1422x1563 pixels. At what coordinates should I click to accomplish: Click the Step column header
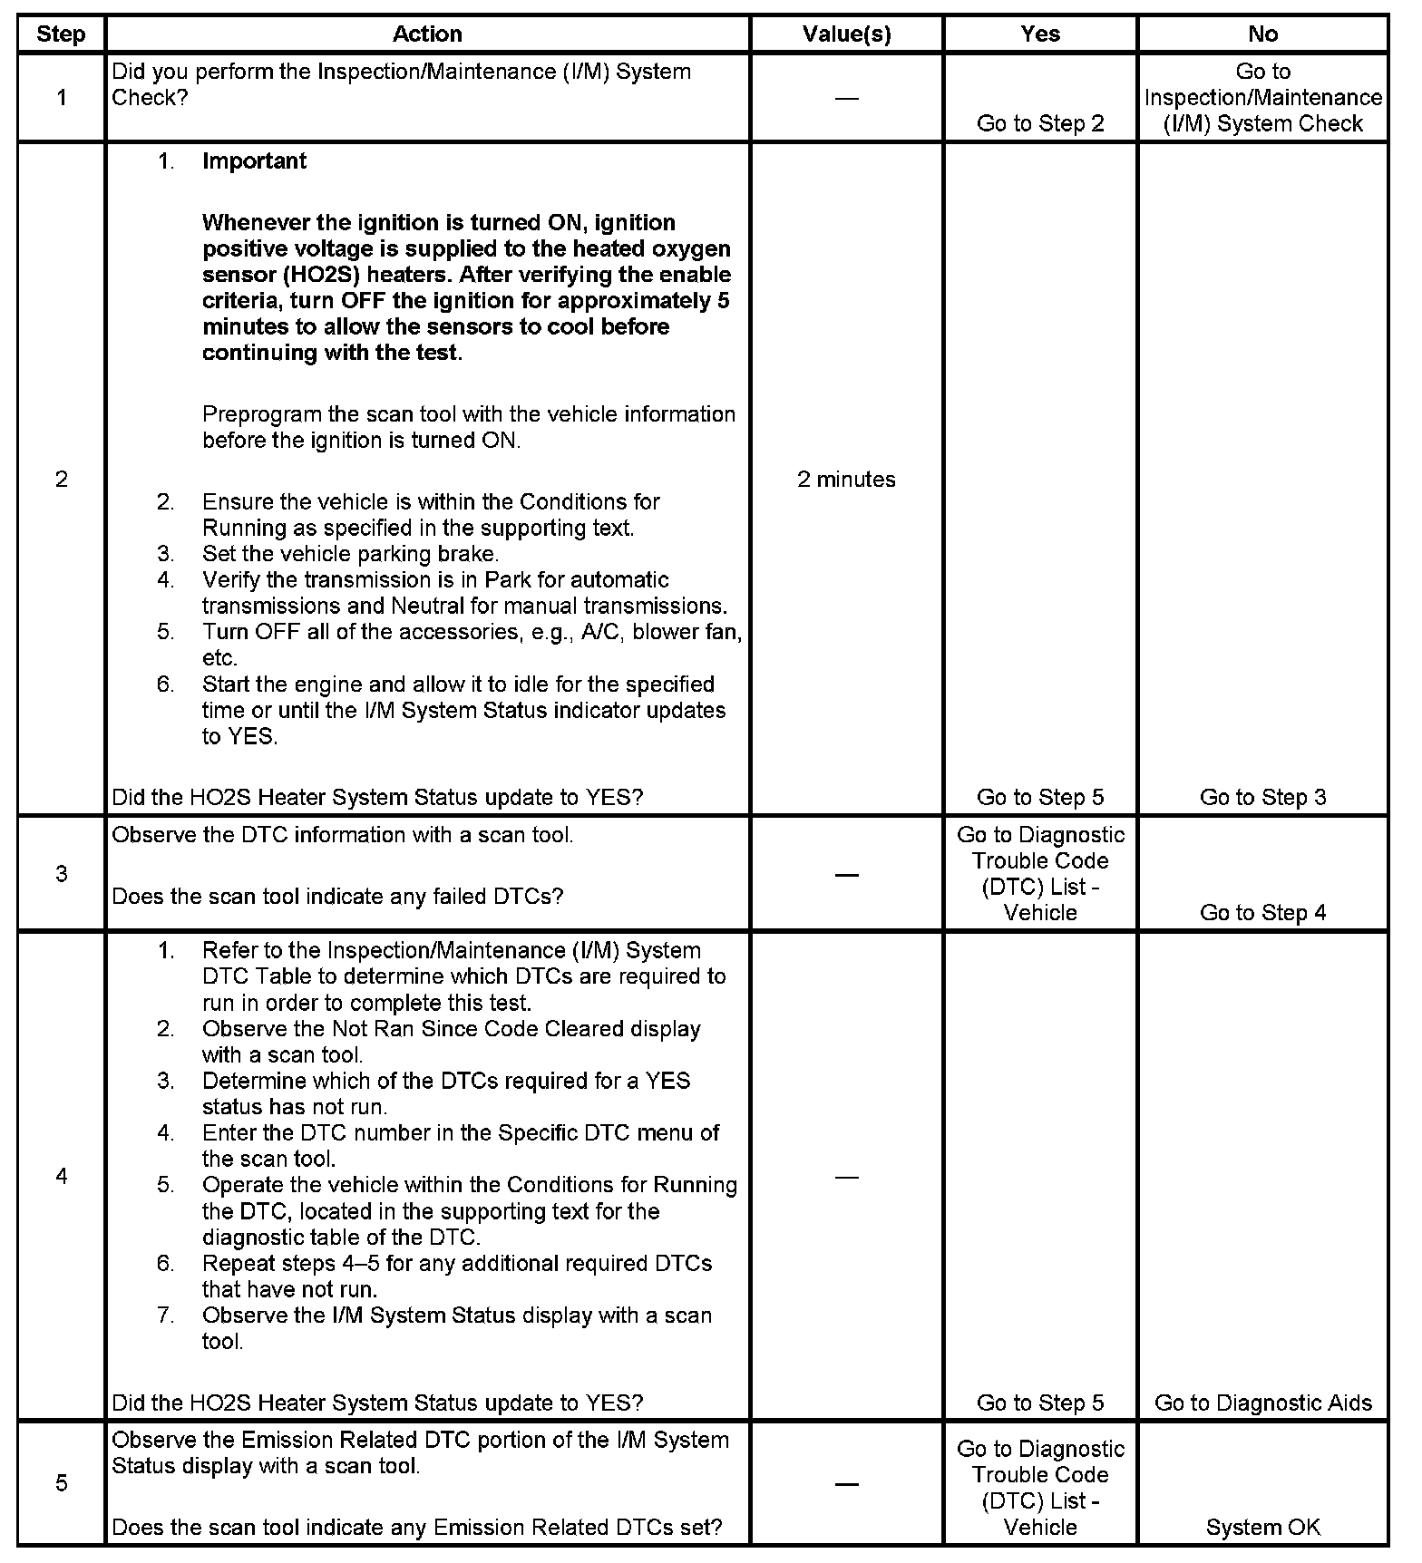point(62,34)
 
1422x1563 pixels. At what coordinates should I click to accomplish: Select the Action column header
point(427,34)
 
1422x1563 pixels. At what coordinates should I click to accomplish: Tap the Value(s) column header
point(846,34)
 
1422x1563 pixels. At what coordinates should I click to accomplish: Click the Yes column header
point(1040,34)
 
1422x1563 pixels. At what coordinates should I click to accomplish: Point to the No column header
point(1262,34)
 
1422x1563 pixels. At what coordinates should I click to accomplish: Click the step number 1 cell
point(62,98)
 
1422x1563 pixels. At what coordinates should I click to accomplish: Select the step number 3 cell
point(62,874)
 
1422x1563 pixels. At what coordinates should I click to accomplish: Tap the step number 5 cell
point(62,1483)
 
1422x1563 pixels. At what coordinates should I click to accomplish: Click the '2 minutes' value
point(846,480)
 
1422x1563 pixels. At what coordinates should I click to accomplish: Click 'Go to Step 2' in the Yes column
point(1040,124)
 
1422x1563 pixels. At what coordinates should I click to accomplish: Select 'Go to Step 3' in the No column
point(1262,798)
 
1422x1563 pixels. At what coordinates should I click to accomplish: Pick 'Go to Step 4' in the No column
point(1262,913)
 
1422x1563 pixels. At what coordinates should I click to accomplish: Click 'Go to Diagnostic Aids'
point(1262,1403)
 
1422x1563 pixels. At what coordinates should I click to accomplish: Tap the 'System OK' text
point(1262,1528)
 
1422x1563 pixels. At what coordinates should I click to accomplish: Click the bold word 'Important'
point(254,161)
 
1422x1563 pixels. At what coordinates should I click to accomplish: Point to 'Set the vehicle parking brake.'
point(350,554)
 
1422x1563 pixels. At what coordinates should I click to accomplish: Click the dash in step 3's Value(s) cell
point(846,875)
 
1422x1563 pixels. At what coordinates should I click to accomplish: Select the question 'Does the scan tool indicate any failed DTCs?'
point(337,897)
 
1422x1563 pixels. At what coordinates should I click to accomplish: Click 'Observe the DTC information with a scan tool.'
point(342,835)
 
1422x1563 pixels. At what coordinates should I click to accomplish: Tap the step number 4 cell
point(62,1177)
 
